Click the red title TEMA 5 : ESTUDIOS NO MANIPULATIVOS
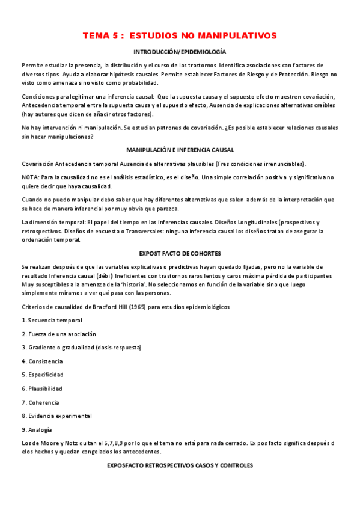[180, 36]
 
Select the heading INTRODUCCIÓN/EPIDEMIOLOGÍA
[180, 53]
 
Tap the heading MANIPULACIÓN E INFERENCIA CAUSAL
[180, 150]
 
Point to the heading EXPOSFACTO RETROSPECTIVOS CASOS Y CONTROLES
[180, 466]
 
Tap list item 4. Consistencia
[42, 361]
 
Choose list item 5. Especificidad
[43, 375]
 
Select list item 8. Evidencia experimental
[56, 416]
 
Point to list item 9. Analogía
[37, 429]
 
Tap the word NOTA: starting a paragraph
[31, 178]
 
